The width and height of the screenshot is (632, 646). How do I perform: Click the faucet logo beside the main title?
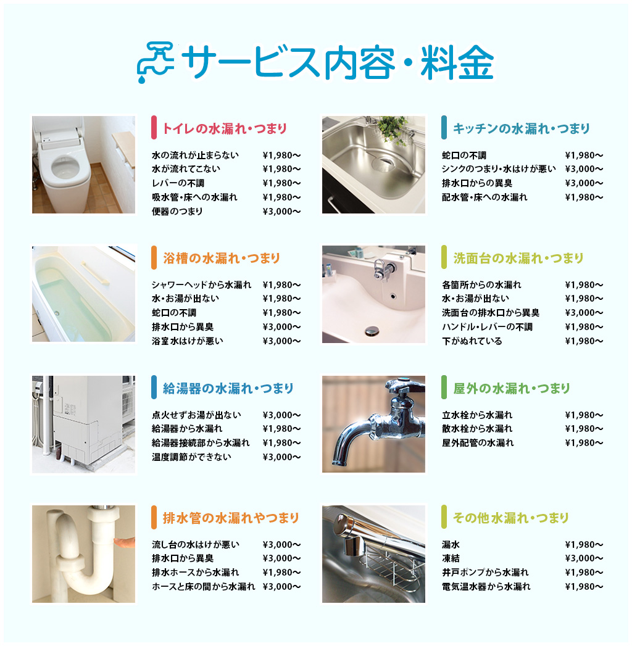tap(156, 62)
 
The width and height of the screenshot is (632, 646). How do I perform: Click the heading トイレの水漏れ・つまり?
tap(225, 128)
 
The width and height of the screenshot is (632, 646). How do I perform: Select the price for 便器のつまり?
tap(281, 212)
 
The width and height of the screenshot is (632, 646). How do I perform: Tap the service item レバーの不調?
tap(178, 183)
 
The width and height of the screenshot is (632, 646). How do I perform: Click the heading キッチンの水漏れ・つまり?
tap(521, 128)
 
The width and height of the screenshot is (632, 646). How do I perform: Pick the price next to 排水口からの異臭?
tap(584, 183)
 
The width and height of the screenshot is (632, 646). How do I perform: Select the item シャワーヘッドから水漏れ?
tap(201, 284)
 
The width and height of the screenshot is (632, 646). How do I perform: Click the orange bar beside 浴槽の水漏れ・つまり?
tap(154, 257)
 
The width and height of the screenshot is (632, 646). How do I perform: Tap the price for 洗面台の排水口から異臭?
tap(584, 313)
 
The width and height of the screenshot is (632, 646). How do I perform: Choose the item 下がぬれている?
tap(472, 341)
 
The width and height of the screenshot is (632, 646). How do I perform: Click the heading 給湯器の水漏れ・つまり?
tap(228, 388)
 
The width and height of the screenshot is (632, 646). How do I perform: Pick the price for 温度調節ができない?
tap(281, 457)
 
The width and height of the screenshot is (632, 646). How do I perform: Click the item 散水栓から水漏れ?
tap(477, 428)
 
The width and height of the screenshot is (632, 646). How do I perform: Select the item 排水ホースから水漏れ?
tap(195, 572)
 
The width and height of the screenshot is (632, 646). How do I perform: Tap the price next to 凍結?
tap(584, 558)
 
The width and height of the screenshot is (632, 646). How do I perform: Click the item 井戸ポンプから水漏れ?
tap(485, 572)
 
